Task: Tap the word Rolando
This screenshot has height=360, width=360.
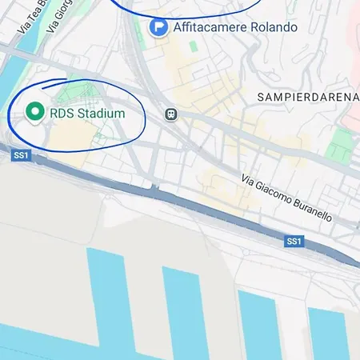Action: tap(274, 27)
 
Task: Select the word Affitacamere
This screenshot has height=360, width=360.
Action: tap(210, 27)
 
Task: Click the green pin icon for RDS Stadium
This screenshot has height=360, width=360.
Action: tap(34, 113)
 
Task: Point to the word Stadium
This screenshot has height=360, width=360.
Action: tap(101, 114)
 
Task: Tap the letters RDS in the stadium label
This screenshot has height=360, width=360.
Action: tap(61, 114)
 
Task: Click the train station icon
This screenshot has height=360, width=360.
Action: tap(170, 114)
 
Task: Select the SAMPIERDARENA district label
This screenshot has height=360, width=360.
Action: tap(306, 97)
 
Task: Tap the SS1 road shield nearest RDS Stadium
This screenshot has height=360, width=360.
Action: tap(21, 154)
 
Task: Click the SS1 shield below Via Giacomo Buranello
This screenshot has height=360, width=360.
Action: tap(294, 241)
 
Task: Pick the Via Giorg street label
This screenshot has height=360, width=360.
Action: tap(59, 16)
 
